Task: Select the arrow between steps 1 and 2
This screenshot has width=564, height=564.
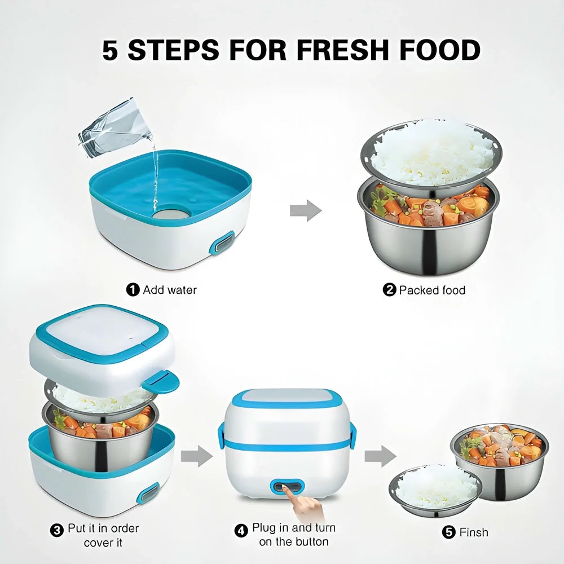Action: pyautogui.click(x=305, y=210)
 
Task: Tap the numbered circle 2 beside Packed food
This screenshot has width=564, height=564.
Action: pyautogui.click(x=389, y=290)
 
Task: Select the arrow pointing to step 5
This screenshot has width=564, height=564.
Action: pyautogui.click(x=380, y=456)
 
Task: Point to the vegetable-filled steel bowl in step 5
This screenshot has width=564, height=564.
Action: pyautogui.click(x=499, y=454)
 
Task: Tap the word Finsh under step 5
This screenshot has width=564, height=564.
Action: pyautogui.click(x=474, y=532)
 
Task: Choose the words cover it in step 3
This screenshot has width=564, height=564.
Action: pyautogui.click(x=103, y=543)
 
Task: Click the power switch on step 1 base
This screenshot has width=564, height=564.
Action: pyautogui.click(x=222, y=243)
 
